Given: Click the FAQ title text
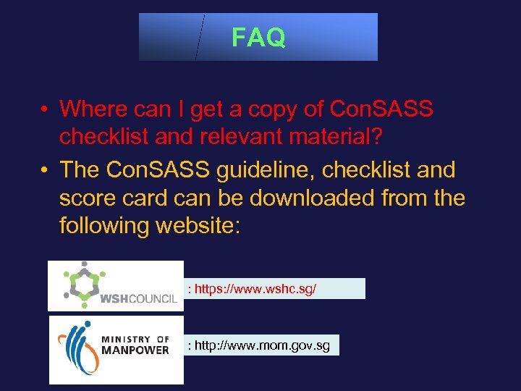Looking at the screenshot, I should (258, 38).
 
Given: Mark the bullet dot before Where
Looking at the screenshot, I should (45, 109).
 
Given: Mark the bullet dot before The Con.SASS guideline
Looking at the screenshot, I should (45, 171).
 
